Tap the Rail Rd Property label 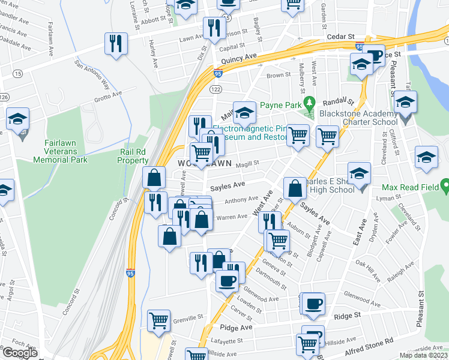[133, 157]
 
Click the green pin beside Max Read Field [444, 187]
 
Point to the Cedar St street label [338, 37]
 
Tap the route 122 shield [214, 88]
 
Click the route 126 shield [4, 97]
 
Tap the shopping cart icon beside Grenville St [158, 320]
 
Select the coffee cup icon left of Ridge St [313, 303]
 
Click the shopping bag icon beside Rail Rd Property [154, 178]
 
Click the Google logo [19, 353]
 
